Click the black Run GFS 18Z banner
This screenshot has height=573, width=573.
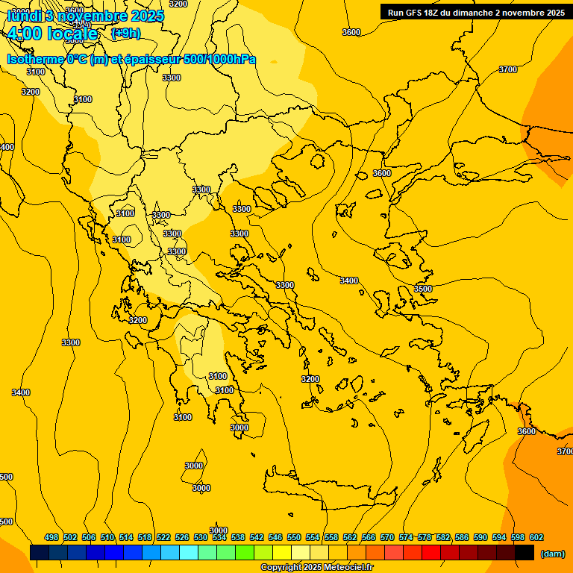pyautogui.click(x=476, y=12)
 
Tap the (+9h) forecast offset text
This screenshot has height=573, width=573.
pyautogui.click(x=125, y=34)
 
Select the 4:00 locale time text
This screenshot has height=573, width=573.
pyautogui.click(x=52, y=34)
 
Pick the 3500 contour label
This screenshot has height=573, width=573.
pyautogui.click(x=423, y=289)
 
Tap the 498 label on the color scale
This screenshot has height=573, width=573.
pyautogui.click(x=51, y=537)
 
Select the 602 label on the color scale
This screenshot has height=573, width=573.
pyautogui.click(x=536, y=537)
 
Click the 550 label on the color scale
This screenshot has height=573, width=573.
pyautogui.click(x=294, y=537)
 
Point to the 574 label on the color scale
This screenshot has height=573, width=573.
pyautogui.click(x=406, y=537)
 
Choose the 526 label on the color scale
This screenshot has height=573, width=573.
pyautogui.click(x=182, y=537)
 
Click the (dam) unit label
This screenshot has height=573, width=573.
pyautogui.click(x=553, y=554)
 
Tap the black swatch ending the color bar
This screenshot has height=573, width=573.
pyautogui.click(x=525, y=552)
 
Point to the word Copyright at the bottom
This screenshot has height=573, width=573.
pyautogui.click(x=282, y=568)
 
